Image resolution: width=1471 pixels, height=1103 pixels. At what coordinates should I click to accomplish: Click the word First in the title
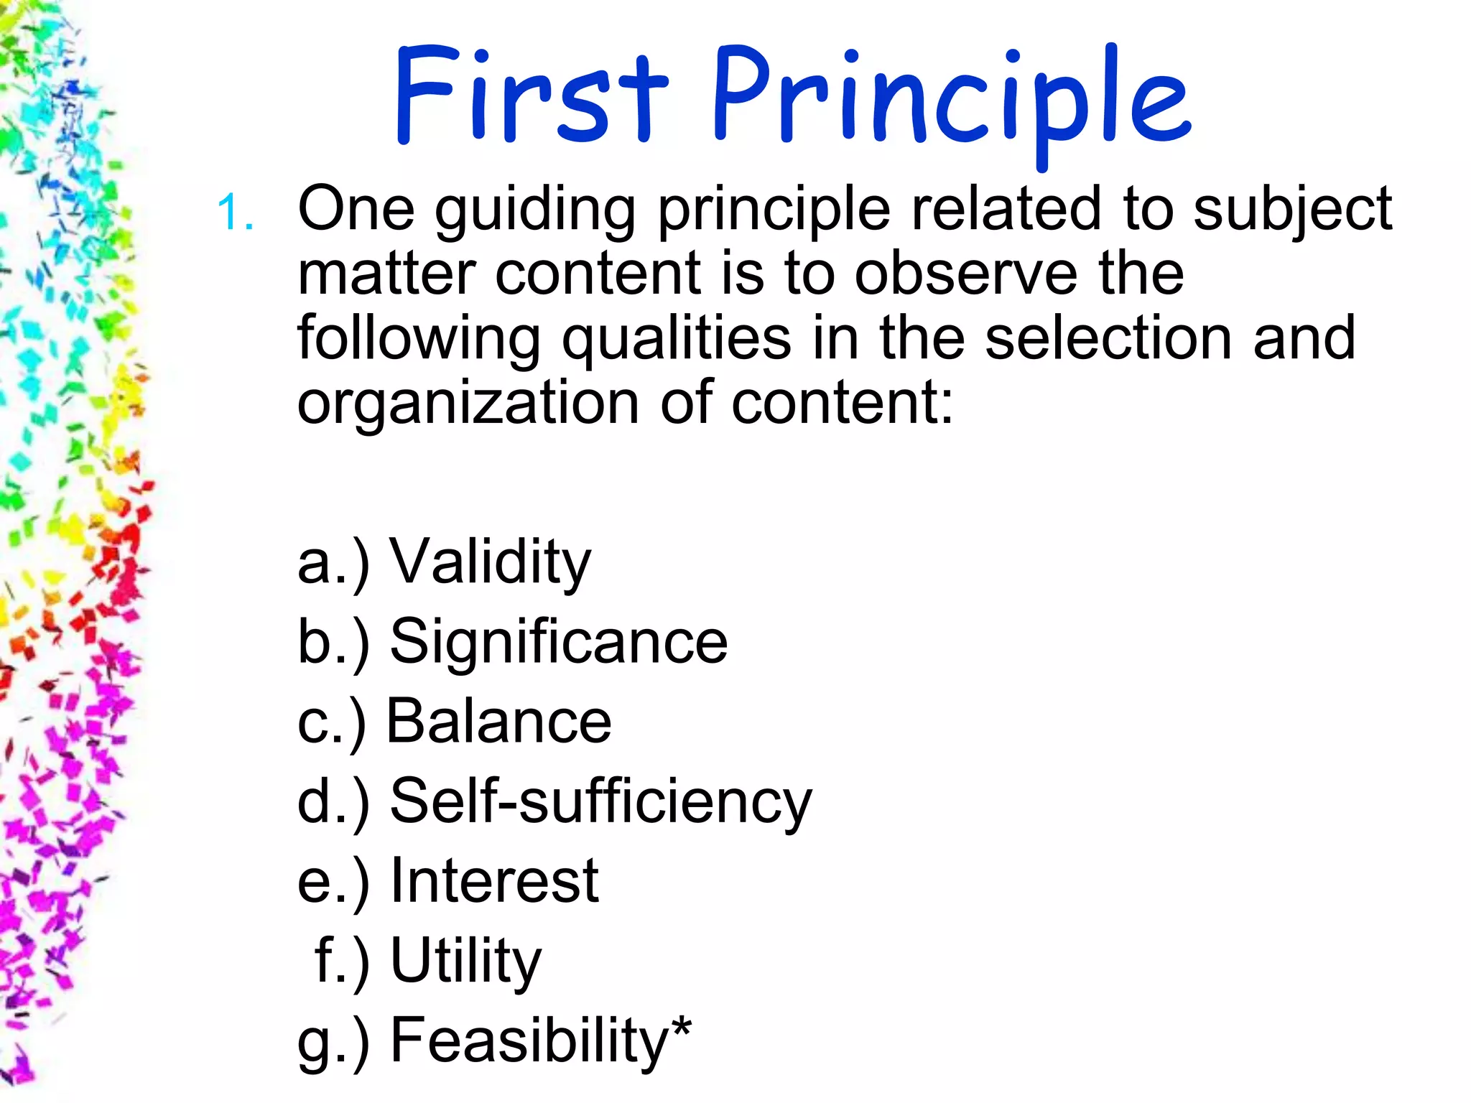(531, 96)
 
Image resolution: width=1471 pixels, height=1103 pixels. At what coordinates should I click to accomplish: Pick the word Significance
(558, 641)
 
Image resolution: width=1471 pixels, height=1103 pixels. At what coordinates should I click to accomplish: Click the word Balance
(498, 722)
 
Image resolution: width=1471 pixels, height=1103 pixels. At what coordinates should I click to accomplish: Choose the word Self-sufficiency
(600, 801)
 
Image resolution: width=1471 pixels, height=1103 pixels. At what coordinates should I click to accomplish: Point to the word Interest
(494, 881)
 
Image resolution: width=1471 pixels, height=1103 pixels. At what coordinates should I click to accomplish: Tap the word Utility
(465, 962)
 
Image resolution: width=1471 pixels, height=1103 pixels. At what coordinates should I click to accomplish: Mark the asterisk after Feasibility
(682, 1028)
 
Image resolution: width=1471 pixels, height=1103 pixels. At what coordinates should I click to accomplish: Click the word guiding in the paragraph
(535, 212)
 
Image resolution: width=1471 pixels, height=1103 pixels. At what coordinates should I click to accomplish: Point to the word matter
(387, 274)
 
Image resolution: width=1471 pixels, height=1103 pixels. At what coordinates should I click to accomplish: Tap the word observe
(965, 274)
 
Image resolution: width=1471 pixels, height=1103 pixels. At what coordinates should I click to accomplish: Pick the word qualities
(676, 340)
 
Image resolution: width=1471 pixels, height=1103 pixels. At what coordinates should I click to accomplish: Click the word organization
(468, 404)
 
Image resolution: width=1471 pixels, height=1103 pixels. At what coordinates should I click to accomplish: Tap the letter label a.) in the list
(333, 564)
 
